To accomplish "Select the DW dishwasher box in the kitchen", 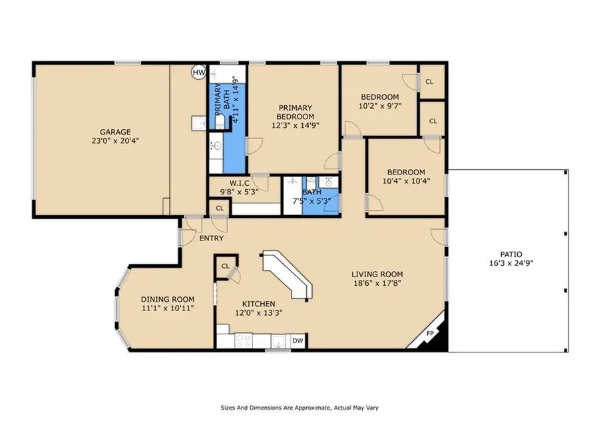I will (x=298, y=340).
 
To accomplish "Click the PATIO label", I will (x=511, y=254).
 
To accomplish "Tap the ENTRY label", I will (x=212, y=238).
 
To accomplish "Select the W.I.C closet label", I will (x=239, y=183).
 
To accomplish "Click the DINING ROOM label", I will (x=168, y=300).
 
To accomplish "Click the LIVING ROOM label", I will (x=377, y=274).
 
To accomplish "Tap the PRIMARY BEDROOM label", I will (x=295, y=112).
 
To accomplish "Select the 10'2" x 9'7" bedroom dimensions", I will (x=380, y=105).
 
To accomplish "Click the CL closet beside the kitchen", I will (x=225, y=266).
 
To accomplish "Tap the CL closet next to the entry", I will (x=219, y=209).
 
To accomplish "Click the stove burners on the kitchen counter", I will (x=243, y=340).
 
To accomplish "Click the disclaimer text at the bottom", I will (x=299, y=406).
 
